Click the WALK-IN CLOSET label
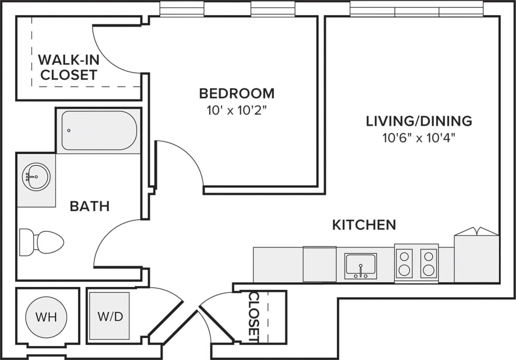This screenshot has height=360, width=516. [x=69, y=67]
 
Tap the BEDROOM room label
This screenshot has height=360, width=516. [x=237, y=94]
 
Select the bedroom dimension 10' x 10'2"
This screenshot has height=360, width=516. [x=237, y=110]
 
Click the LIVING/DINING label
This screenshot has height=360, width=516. [x=419, y=121]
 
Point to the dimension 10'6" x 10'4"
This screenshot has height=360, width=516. [x=419, y=138]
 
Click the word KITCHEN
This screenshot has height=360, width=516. [x=364, y=225]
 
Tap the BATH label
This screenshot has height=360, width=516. [x=89, y=206]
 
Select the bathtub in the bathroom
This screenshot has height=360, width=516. [x=99, y=131]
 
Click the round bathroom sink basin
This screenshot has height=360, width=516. [x=37, y=177]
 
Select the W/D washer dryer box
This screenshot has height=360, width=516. [x=110, y=316]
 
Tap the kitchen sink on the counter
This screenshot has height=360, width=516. [x=360, y=266]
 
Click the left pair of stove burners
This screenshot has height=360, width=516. [x=404, y=264]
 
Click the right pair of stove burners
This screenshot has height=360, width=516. [x=429, y=264]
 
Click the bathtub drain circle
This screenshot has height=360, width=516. [x=69, y=131]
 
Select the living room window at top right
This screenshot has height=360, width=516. [x=416, y=9]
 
